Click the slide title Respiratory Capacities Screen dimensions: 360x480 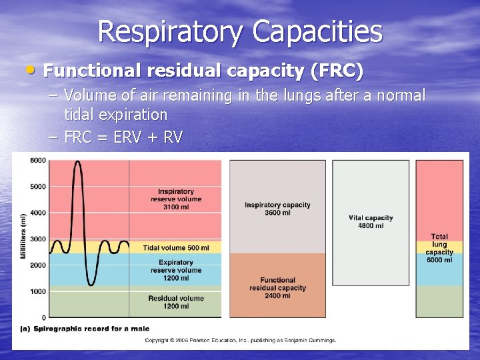[x=240, y=32]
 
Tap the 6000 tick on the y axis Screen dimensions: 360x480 [x=37, y=161]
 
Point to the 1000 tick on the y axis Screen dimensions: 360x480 [x=37, y=291]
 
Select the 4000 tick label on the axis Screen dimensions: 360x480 [x=37, y=213]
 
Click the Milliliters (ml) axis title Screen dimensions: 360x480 [x=23, y=237]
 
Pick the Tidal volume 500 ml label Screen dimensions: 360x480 [x=176, y=248]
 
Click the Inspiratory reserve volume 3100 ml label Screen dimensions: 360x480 [x=176, y=199]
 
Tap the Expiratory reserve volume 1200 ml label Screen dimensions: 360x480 [x=176, y=270]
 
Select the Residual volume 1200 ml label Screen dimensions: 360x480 [x=176, y=302]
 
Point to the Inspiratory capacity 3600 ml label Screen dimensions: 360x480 [x=277, y=209]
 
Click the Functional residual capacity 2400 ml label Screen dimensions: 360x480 [x=277, y=288]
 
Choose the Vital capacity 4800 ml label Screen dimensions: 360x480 [x=371, y=221]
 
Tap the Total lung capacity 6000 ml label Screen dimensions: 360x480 [x=439, y=248]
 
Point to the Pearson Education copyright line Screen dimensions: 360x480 [x=241, y=340]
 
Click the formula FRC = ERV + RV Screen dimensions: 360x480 [x=123, y=138]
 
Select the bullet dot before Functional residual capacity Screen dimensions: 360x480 [x=34, y=69]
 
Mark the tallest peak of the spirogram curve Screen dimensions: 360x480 [x=77, y=162]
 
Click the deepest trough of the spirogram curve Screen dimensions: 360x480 [x=91, y=285]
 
